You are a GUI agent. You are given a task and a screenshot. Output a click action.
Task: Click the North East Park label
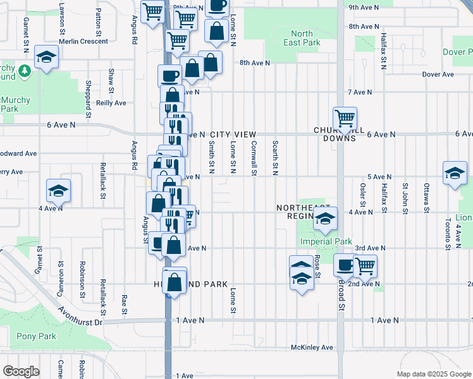[302, 38]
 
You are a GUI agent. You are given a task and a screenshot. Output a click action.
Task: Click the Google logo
[21, 371]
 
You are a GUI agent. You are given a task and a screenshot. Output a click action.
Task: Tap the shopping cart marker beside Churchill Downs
[345, 118]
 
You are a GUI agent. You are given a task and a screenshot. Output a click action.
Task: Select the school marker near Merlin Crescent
[46, 58]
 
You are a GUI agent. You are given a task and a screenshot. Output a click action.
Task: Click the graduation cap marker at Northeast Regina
[325, 219]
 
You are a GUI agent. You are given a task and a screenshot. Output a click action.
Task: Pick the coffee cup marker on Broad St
[345, 265]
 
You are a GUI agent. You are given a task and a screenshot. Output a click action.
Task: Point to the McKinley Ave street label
[312, 347]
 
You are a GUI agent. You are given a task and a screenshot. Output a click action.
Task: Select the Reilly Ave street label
[112, 103]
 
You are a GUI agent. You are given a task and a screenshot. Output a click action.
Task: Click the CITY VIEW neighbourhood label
[233, 135]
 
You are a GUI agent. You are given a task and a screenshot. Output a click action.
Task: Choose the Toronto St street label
[447, 234]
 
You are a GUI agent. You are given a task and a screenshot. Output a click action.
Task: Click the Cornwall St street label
[254, 158]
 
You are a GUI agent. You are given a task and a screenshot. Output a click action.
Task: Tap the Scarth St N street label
[275, 158]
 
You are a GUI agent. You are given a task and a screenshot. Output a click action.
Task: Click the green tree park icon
[26, 69]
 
